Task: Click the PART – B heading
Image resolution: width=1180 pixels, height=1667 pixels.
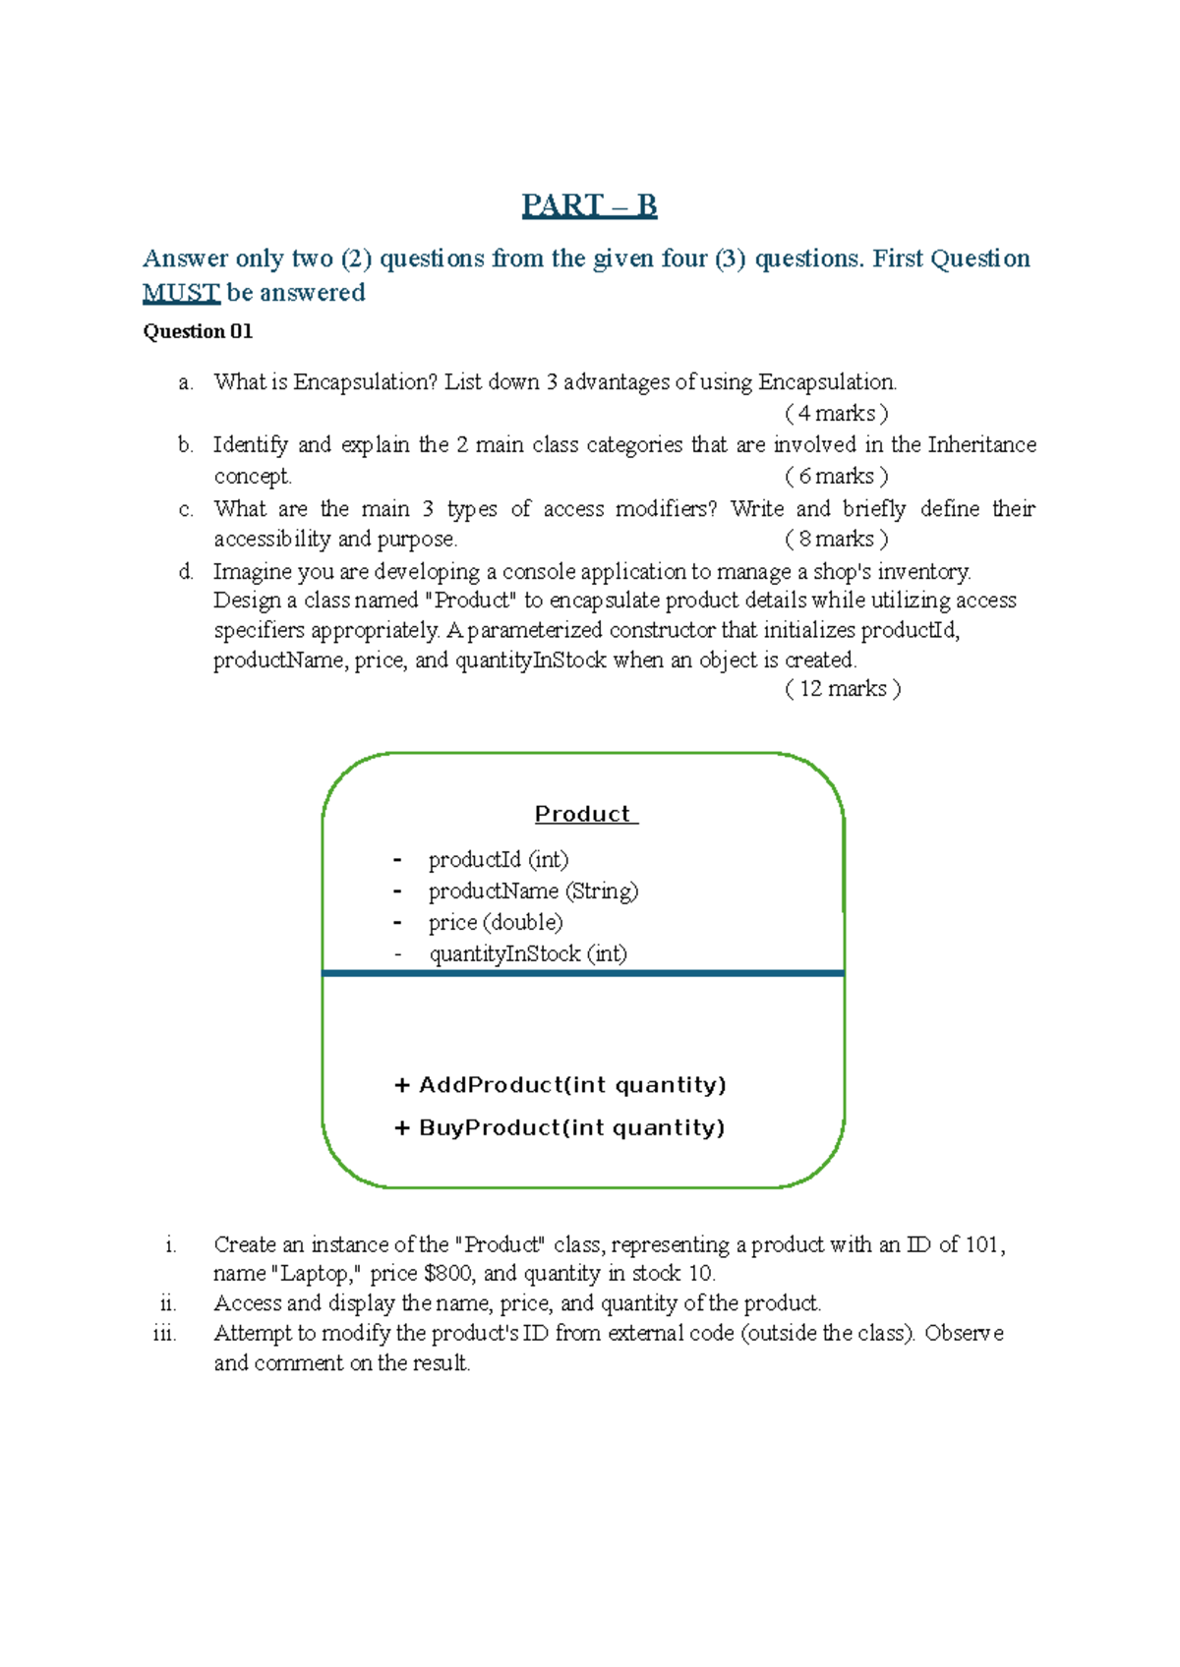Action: [589, 205]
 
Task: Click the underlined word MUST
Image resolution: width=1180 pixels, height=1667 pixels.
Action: [181, 293]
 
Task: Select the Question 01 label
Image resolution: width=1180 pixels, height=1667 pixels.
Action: [198, 331]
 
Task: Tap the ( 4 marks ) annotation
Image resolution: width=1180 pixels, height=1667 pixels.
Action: [837, 413]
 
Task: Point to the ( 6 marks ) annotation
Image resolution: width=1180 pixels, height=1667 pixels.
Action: [837, 477]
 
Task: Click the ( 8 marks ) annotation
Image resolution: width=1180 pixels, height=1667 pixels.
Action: [837, 539]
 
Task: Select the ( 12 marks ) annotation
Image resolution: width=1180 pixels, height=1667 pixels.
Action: [843, 689]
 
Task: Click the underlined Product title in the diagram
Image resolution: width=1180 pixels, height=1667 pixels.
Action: [585, 814]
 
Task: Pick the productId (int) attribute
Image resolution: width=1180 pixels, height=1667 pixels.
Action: [499, 860]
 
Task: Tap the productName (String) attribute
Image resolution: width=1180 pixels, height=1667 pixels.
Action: [533, 891]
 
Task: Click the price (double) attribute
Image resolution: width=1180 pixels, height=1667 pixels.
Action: [496, 923]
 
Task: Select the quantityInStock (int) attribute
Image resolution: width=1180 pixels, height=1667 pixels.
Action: [528, 954]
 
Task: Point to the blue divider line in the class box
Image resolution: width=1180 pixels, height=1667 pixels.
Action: [583, 973]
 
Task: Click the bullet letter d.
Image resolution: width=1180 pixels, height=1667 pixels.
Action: [186, 572]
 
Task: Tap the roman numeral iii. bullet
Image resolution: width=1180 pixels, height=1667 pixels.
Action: [164, 1334]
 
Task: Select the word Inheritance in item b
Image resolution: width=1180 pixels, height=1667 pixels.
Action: [981, 445]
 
